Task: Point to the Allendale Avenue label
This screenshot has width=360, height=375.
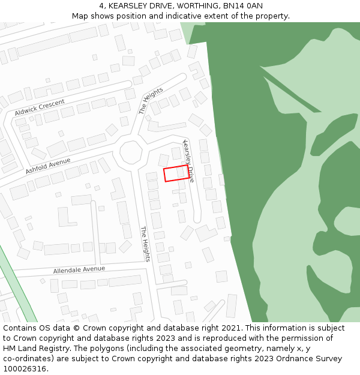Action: click(x=79, y=270)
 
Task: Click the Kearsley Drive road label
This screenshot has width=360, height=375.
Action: click(x=188, y=161)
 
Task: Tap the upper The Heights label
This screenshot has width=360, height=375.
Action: click(x=151, y=101)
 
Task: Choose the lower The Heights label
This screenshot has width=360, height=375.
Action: click(x=145, y=244)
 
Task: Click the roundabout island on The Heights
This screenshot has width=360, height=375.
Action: click(x=130, y=152)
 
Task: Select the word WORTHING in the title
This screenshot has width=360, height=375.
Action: click(x=196, y=5)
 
